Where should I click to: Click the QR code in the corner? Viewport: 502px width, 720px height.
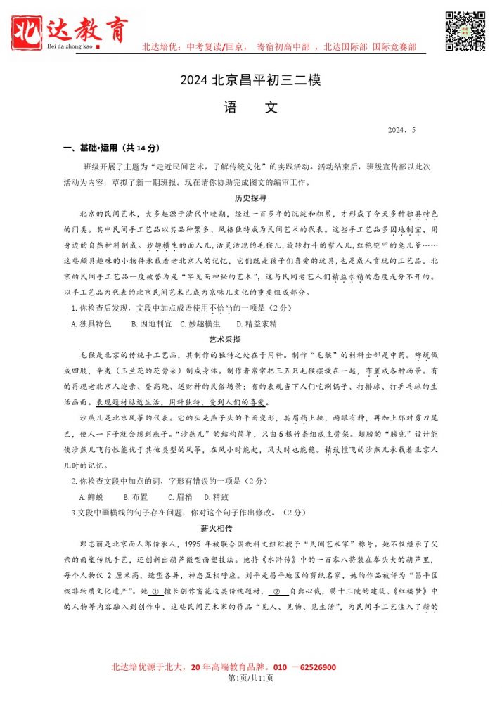pos(465,31)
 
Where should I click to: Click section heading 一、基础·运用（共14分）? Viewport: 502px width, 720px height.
pos(112,148)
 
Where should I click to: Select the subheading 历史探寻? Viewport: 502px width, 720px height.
pos(250,198)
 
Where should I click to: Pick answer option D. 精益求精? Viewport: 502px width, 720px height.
pos(257,324)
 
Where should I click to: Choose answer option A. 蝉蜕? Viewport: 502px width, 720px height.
pos(91,496)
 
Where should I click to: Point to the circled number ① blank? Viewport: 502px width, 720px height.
pos(156,592)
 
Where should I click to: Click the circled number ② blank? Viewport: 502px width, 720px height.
pos(276,592)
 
